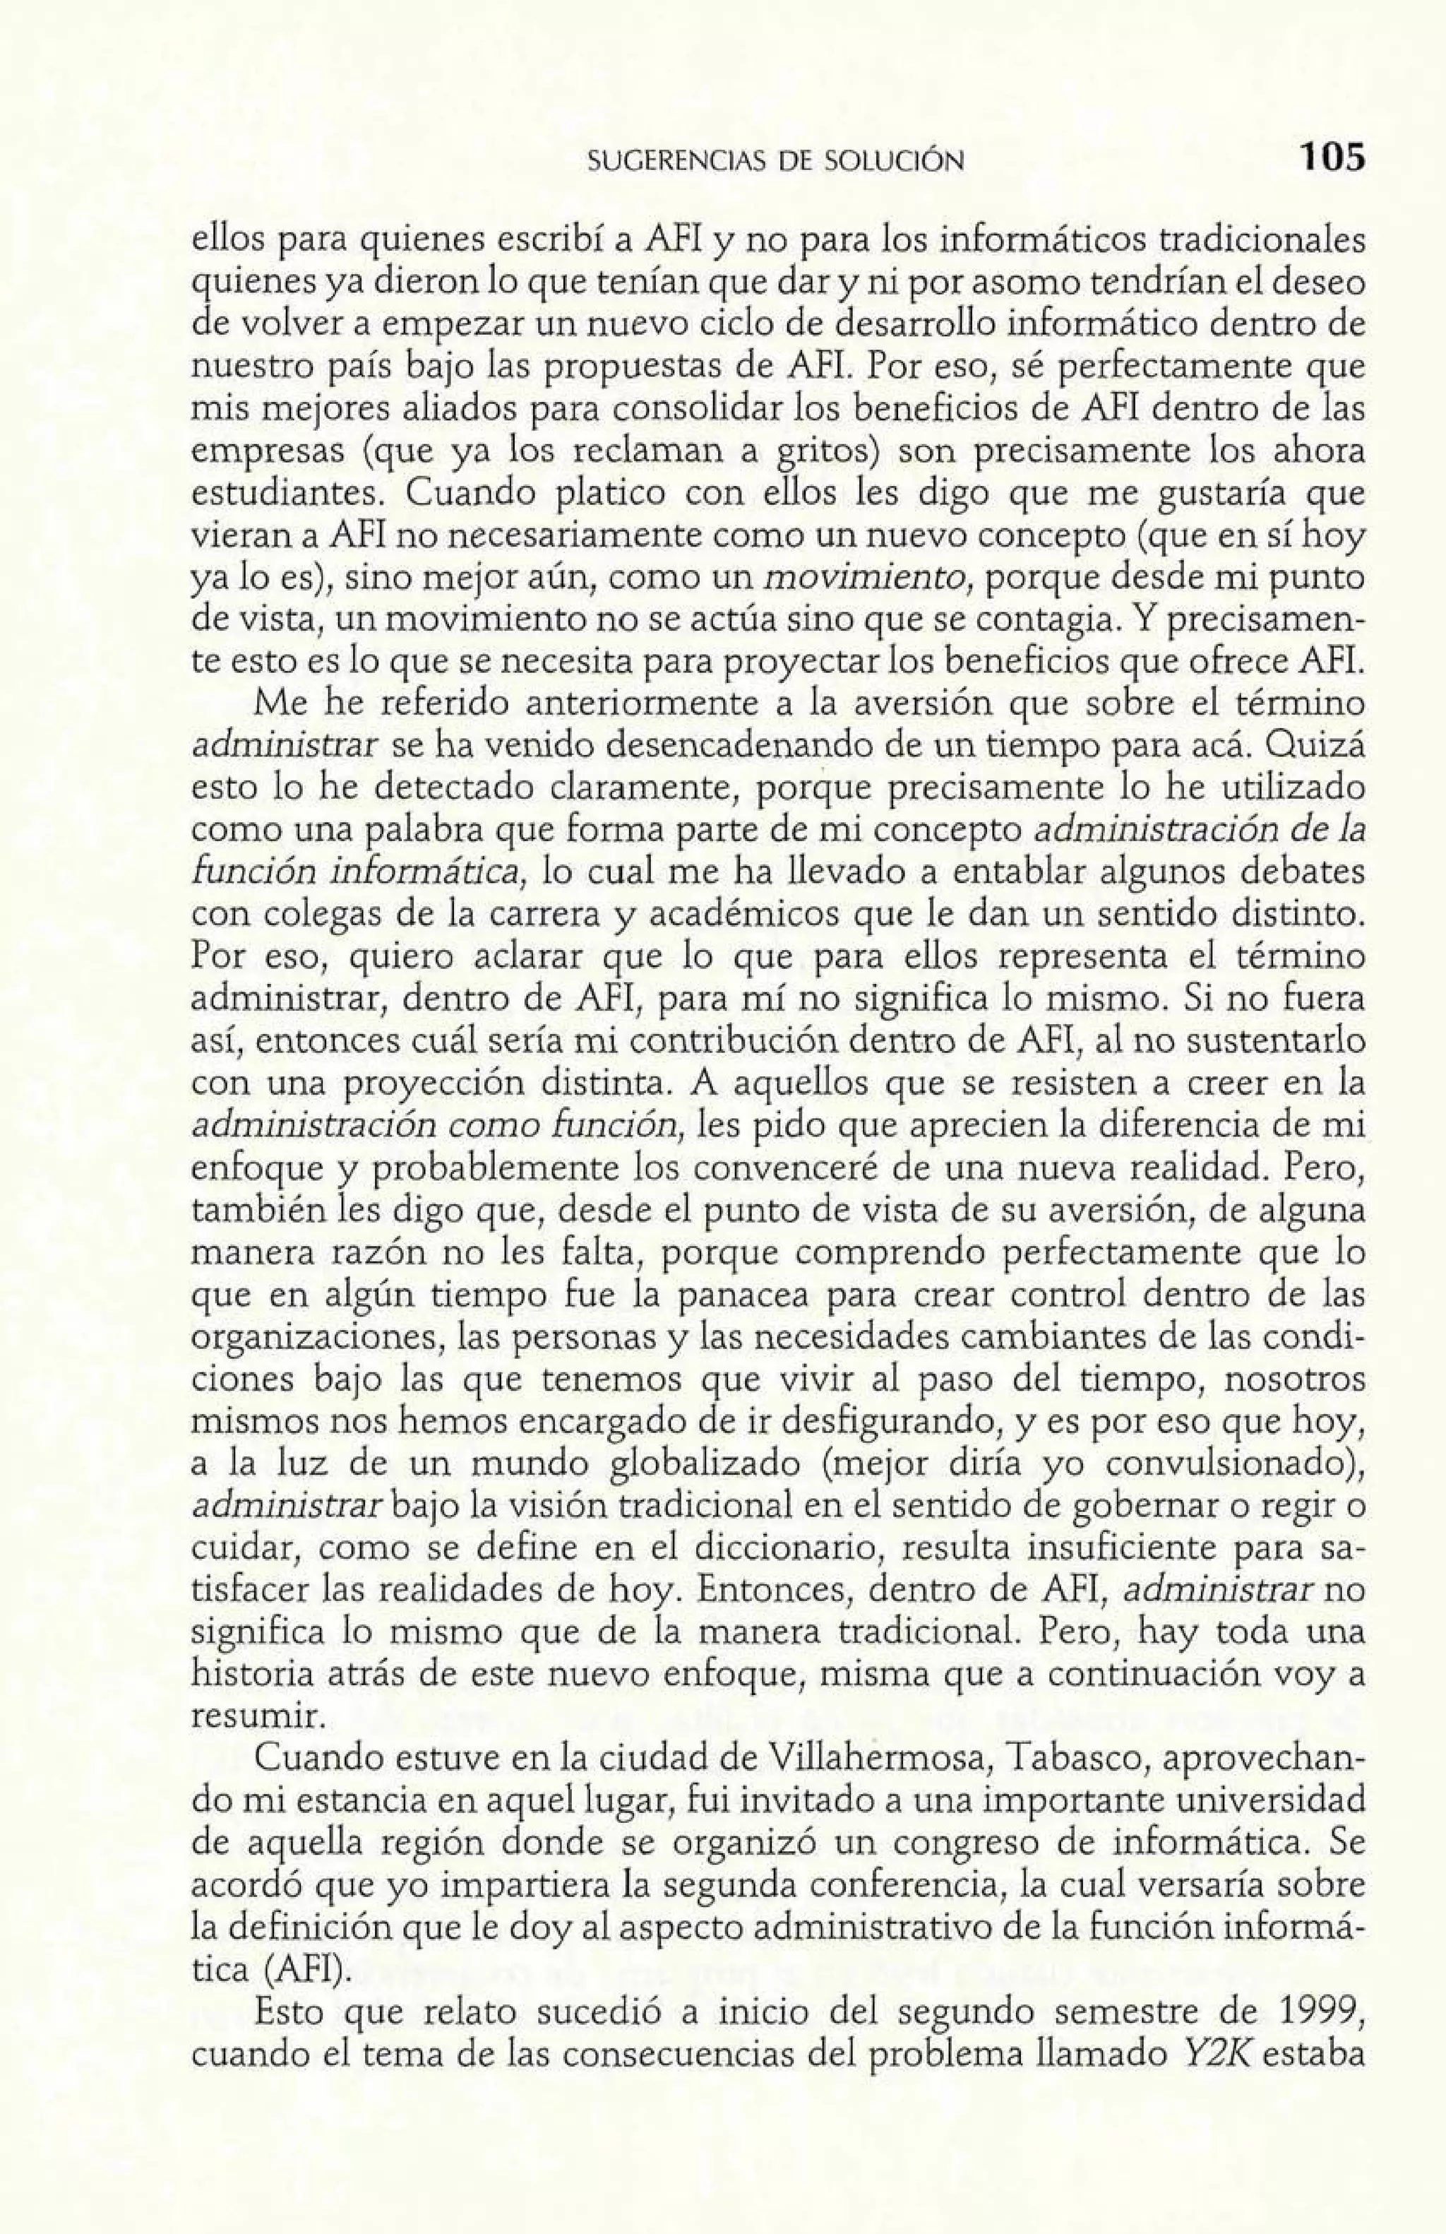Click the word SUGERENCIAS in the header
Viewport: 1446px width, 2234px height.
pyautogui.click(x=662, y=162)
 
